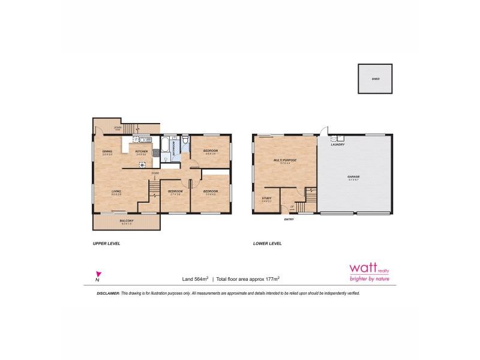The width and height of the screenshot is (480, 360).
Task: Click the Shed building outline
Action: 376,79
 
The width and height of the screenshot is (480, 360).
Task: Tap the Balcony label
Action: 126,221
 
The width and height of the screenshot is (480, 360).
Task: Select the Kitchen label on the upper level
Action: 141,151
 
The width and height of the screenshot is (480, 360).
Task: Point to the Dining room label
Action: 107,151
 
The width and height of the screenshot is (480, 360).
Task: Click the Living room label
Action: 116,191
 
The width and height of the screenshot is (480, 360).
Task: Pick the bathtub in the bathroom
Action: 165,146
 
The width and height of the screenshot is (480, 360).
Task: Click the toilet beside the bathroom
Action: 185,142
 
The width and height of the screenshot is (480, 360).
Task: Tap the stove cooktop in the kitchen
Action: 143,164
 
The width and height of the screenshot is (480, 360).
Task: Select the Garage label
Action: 353,176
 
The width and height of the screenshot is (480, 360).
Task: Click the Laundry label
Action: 338,144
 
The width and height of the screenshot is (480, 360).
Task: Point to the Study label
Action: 266,198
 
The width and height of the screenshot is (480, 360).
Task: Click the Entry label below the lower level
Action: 289,219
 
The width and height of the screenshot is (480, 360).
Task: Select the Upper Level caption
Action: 107,244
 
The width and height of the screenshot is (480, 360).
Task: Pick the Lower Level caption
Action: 267,244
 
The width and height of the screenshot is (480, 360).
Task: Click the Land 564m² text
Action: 195,279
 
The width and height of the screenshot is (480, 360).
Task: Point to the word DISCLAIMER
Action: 109,293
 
